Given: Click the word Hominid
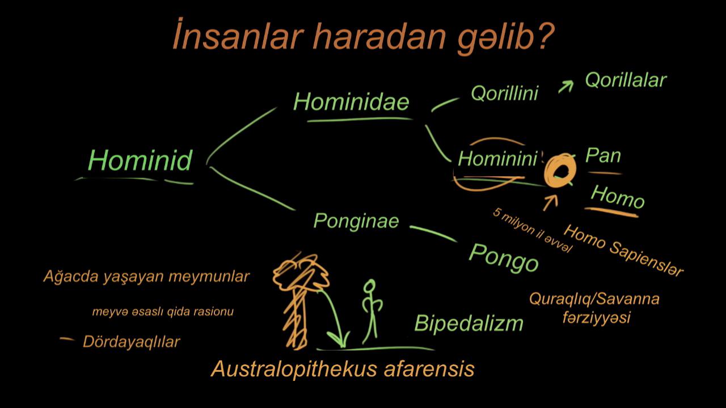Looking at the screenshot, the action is tap(140, 160).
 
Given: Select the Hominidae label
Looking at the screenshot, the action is tap(351, 102).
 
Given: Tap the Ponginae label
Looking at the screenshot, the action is tap(356, 222).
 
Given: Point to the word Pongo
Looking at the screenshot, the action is tap(503, 258).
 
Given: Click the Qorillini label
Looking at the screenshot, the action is tap(504, 93).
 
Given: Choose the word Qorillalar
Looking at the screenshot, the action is tap(626, 80).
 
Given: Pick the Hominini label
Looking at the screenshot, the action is tap(497, 159).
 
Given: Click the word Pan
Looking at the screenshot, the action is tap(603, 155).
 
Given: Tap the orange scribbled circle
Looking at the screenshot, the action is tap(548, 171).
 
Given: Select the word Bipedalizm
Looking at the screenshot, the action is tap(468, 323).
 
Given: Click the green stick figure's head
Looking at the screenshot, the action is tap(369, 287).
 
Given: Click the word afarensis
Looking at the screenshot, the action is tap(429, 369).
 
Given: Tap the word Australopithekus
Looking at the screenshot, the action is tap(294, 369).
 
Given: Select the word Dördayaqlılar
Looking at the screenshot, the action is tap(131, 342).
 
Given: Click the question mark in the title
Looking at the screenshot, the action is tap(545, 36).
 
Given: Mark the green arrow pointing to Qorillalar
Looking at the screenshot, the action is tap(565, 87).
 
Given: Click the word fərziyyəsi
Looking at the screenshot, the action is tap(596, 318).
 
